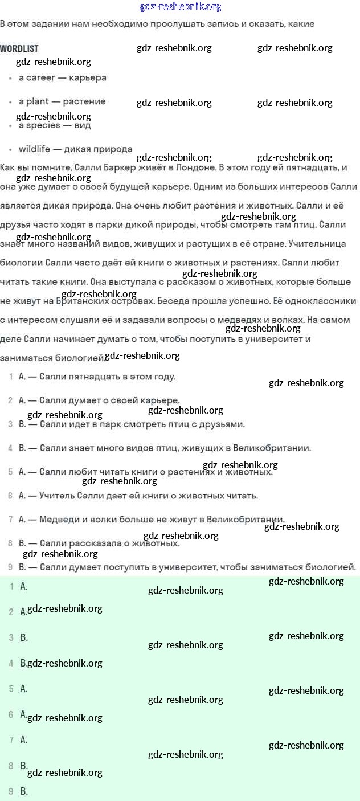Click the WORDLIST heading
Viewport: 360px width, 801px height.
click(19, 48)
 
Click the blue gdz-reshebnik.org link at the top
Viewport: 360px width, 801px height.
click(180, 7)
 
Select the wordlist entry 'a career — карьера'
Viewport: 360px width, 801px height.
click(62, 77)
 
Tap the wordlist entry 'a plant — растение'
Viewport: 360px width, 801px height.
click(62, 101)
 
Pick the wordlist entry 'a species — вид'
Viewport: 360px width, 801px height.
click(55, 125)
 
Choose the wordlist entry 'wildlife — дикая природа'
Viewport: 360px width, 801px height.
click(75, 149)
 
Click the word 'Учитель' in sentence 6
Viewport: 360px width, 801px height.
click(56, 496)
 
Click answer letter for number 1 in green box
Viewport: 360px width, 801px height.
click(24, 586)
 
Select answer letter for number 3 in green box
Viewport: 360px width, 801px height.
click(24, 637)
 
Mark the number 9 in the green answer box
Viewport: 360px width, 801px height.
click(11, 791)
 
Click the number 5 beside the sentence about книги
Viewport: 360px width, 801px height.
click(11, 472)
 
